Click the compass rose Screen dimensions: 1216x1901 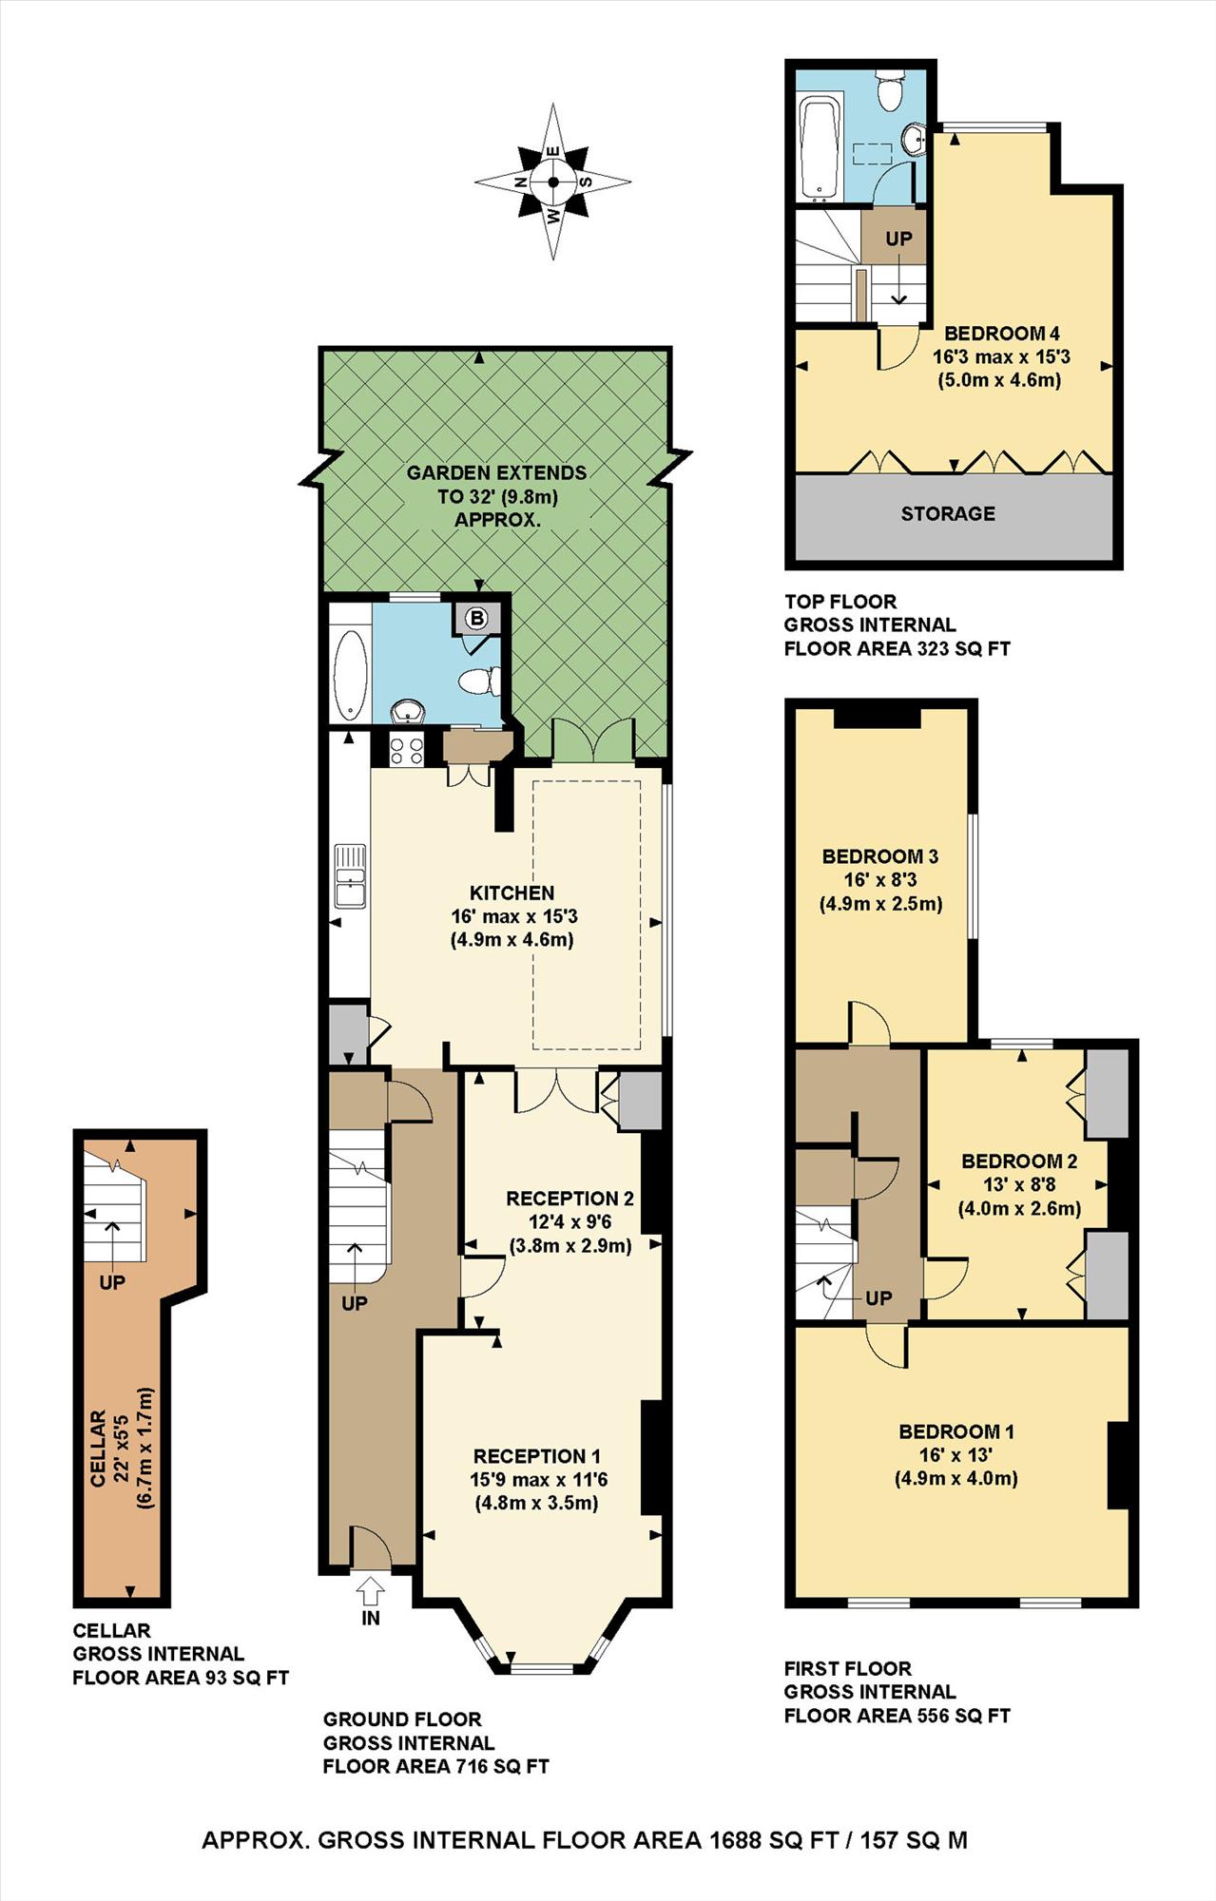(552, 182)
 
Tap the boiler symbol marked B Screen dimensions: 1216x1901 (477, 619)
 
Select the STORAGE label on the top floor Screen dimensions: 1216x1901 (948, 513)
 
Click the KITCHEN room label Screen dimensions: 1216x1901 (511, 893)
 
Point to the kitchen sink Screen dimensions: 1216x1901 (349, 875)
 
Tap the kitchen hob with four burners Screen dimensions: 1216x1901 (407, 750)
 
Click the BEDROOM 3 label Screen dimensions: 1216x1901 (879, 856)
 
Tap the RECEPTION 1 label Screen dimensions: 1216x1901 (537, 1456)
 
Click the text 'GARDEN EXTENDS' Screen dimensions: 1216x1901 (496, 472)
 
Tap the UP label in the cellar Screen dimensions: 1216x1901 (112, 1282)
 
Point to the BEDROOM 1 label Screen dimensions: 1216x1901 (956, 1431)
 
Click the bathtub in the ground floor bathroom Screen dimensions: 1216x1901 (352, 673)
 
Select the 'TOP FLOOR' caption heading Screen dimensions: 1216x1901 (840, 602)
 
